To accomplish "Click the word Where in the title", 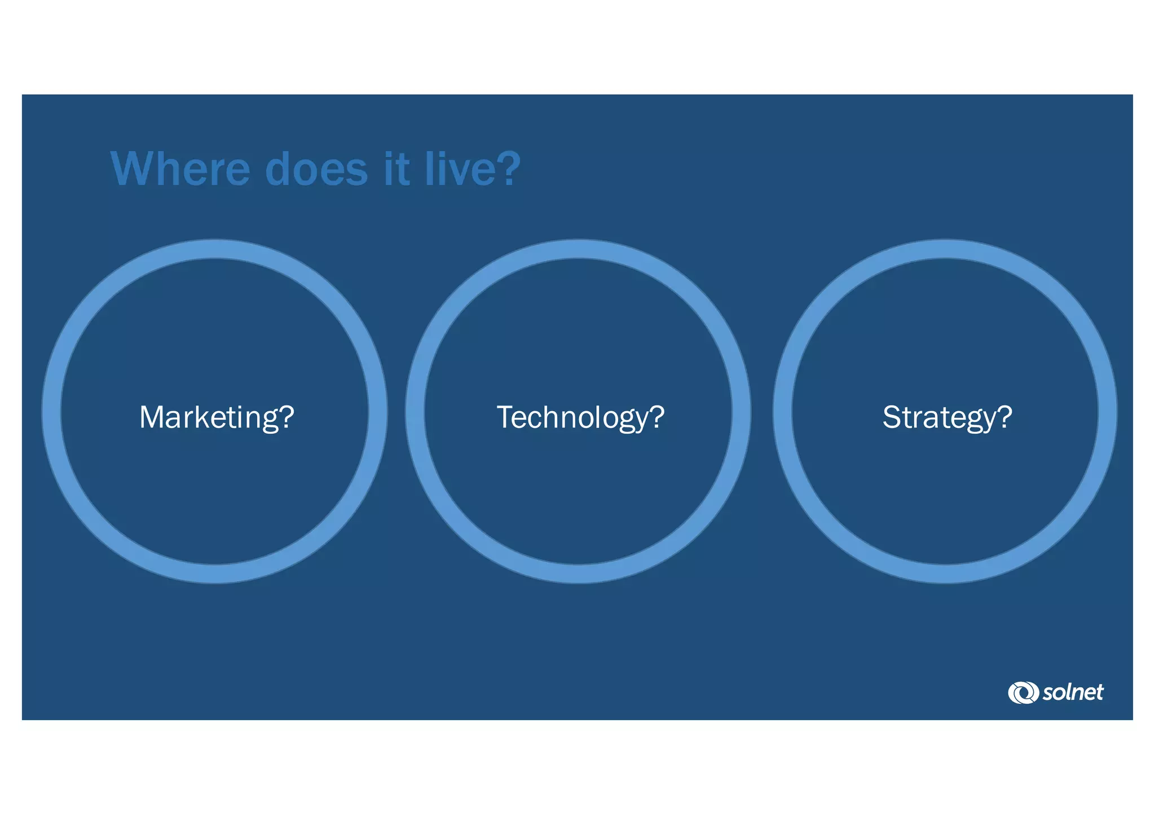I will (x=180, y=169).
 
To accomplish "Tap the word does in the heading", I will (x=316, y=169).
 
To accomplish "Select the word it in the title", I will (x=396, y=169).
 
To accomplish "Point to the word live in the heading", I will (x=458, y=169).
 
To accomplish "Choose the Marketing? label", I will (x=217, y=418).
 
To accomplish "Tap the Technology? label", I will (x=580, y=418).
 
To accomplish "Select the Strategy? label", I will (x=947, y=418).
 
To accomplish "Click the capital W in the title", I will (x=133, y=169).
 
